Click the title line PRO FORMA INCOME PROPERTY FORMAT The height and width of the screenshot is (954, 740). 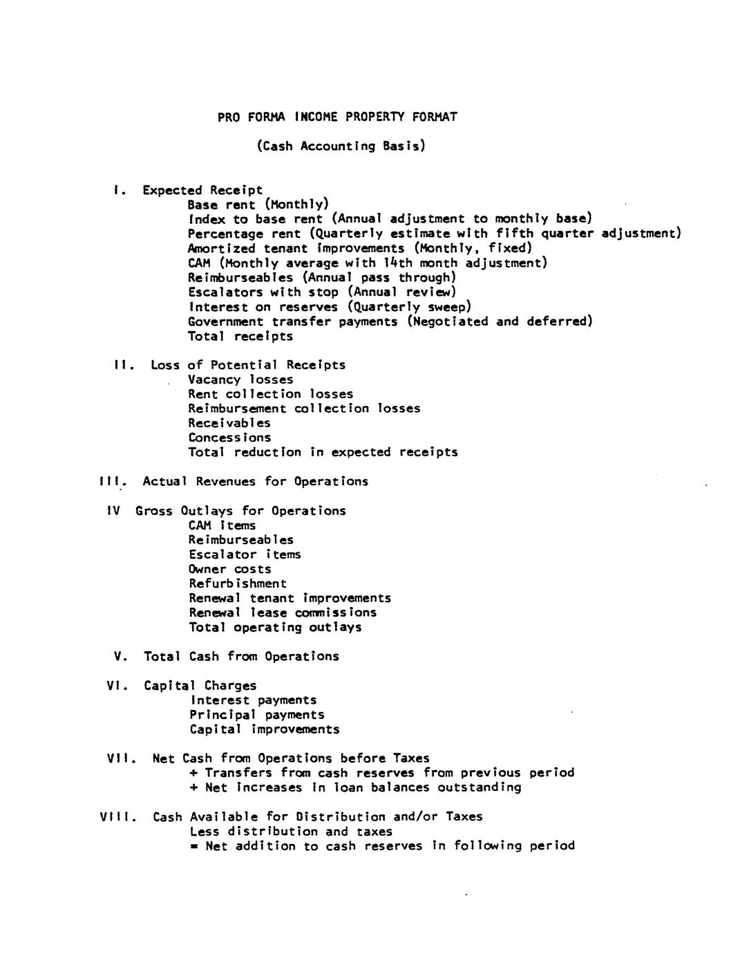[x=337, y=117]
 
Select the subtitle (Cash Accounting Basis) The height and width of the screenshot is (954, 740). [x=341, y=146]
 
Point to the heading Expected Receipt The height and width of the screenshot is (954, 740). [x=202, y=190]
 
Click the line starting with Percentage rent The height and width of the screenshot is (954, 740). [x=434, y=234]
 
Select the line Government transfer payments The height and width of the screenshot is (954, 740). [x=390, y=321]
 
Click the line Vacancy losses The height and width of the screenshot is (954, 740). [x=240, y=380]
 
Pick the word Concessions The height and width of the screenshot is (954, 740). [x=229, y=438]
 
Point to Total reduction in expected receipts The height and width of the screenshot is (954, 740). [x=323, y=452]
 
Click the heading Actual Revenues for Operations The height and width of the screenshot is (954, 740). [x=255, y=481]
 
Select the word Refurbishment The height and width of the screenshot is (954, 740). [x=238, y=583]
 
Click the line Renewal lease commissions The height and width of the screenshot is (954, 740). [x=283, y=612]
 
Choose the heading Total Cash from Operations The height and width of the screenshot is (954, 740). [x=241, y=656]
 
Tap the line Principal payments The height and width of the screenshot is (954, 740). [x=257, y=715]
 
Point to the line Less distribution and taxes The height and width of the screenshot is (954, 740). [x=291, y=832]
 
